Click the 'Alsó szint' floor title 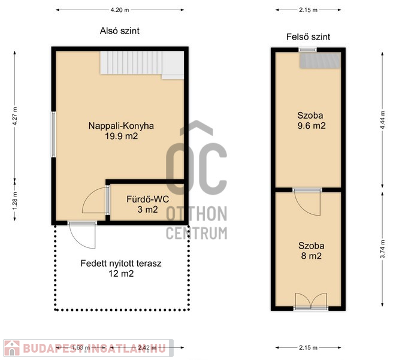tap(120, 31)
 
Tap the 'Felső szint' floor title tap(308, 37)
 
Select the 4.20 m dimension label tap(120, 10)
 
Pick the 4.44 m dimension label tap(382, 120)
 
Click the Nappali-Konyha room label tap(121, 126)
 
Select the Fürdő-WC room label tap(147, 199)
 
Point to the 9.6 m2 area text tap(312, 126)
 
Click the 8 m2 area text tap(312, 256)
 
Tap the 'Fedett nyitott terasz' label tap(121, 264)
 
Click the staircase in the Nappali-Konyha tap(142, 64)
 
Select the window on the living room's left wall tap(53, 134)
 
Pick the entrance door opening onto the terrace tap(82, 235)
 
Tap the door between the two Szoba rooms tap(307, 202)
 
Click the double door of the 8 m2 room tap(311, 301)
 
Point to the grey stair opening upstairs tap(320, 60)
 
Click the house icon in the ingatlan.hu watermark tap(12, 348)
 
